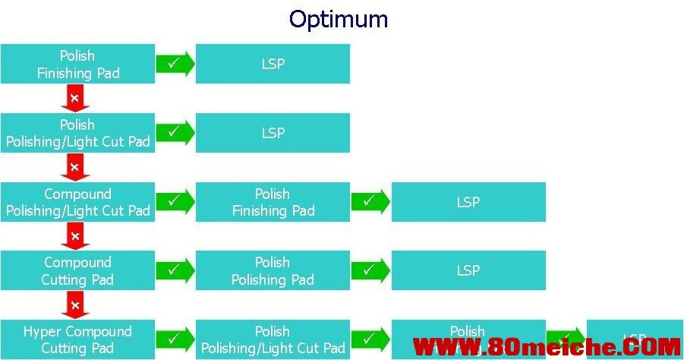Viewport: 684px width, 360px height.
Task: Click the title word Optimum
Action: pyautogui.click(x=339, y=18)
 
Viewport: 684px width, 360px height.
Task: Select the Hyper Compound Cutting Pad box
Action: pyautogui.click(x=77, y=340)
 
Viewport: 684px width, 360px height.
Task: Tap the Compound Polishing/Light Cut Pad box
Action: pyautogui.click(x=77, y=202)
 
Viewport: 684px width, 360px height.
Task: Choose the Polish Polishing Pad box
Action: pyautogui.click(x=273, y=271)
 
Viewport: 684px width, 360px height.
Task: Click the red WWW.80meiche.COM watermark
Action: pyautogui.click(x=547, y=348)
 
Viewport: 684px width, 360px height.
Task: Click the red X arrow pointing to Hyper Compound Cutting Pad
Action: pyautogui.click(x=75, y=305)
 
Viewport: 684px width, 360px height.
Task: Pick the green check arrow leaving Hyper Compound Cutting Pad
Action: pyautogui.click(x=175, y=339)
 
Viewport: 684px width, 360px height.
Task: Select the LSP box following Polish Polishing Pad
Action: pyautogui.click(x=468, y=271)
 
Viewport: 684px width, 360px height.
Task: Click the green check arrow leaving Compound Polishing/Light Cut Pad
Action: pyautogui.click(x=175, y=202)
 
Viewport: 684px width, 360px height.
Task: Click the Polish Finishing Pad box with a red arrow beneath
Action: pyautogui.click(x=77, y=64)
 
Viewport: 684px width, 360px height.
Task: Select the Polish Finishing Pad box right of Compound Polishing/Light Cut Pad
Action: pyautogui.click(x=273, y=202)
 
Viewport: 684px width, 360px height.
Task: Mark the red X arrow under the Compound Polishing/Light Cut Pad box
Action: pyautogui.click(x=75, y=236)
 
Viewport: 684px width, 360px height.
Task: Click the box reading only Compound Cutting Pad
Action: pyautogui.click(x=77, y=271)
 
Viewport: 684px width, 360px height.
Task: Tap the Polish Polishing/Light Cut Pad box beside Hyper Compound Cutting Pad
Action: pyautogui.click(x=273, y=340)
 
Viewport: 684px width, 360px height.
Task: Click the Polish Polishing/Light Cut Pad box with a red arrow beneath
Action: pyautogui.click(x=77, y=133)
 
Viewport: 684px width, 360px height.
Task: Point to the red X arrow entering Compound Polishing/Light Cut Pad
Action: pyautogui.click(x=75, y=167)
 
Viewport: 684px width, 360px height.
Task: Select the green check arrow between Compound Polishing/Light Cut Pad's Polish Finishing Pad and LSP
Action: pyautogui.click(x=370, y=202)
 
